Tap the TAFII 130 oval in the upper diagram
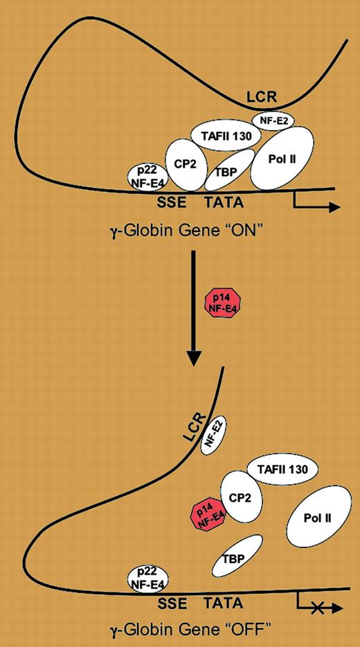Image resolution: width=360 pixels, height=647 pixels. point(220,134)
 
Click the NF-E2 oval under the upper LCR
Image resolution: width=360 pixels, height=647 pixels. point(273,121)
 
